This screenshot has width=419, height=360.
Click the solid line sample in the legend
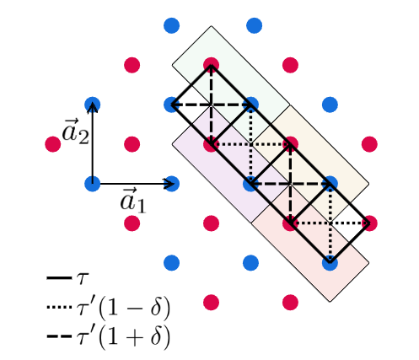click(59, 278)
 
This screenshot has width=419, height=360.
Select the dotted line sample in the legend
click(59, 307)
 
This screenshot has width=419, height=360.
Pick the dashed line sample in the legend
click(59, 336)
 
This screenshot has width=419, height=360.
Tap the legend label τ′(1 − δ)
click(123, 308)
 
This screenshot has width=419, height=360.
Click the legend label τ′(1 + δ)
click(123, 336)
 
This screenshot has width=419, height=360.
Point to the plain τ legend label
click(82, 279)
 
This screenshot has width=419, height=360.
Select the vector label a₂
click(75, 132)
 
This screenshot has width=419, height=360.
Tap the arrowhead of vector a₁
click(169, 184)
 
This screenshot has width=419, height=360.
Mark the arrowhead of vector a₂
click(93, 108)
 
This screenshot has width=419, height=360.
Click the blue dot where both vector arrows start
click(93, 184)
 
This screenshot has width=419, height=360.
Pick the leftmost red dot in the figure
click(53, 144)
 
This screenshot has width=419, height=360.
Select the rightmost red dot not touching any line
click(369, 144)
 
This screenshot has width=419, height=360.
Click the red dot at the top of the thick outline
click(211, 65)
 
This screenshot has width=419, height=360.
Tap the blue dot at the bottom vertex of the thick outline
click(330, 263)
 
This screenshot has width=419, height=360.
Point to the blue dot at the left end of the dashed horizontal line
click(171, 105)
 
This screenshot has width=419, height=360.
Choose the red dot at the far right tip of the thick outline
click(369, 223)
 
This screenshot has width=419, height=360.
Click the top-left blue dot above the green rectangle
click(171, 25)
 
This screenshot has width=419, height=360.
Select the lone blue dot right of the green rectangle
click(330, 105)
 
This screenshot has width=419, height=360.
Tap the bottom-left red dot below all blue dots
click(211, 303)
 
